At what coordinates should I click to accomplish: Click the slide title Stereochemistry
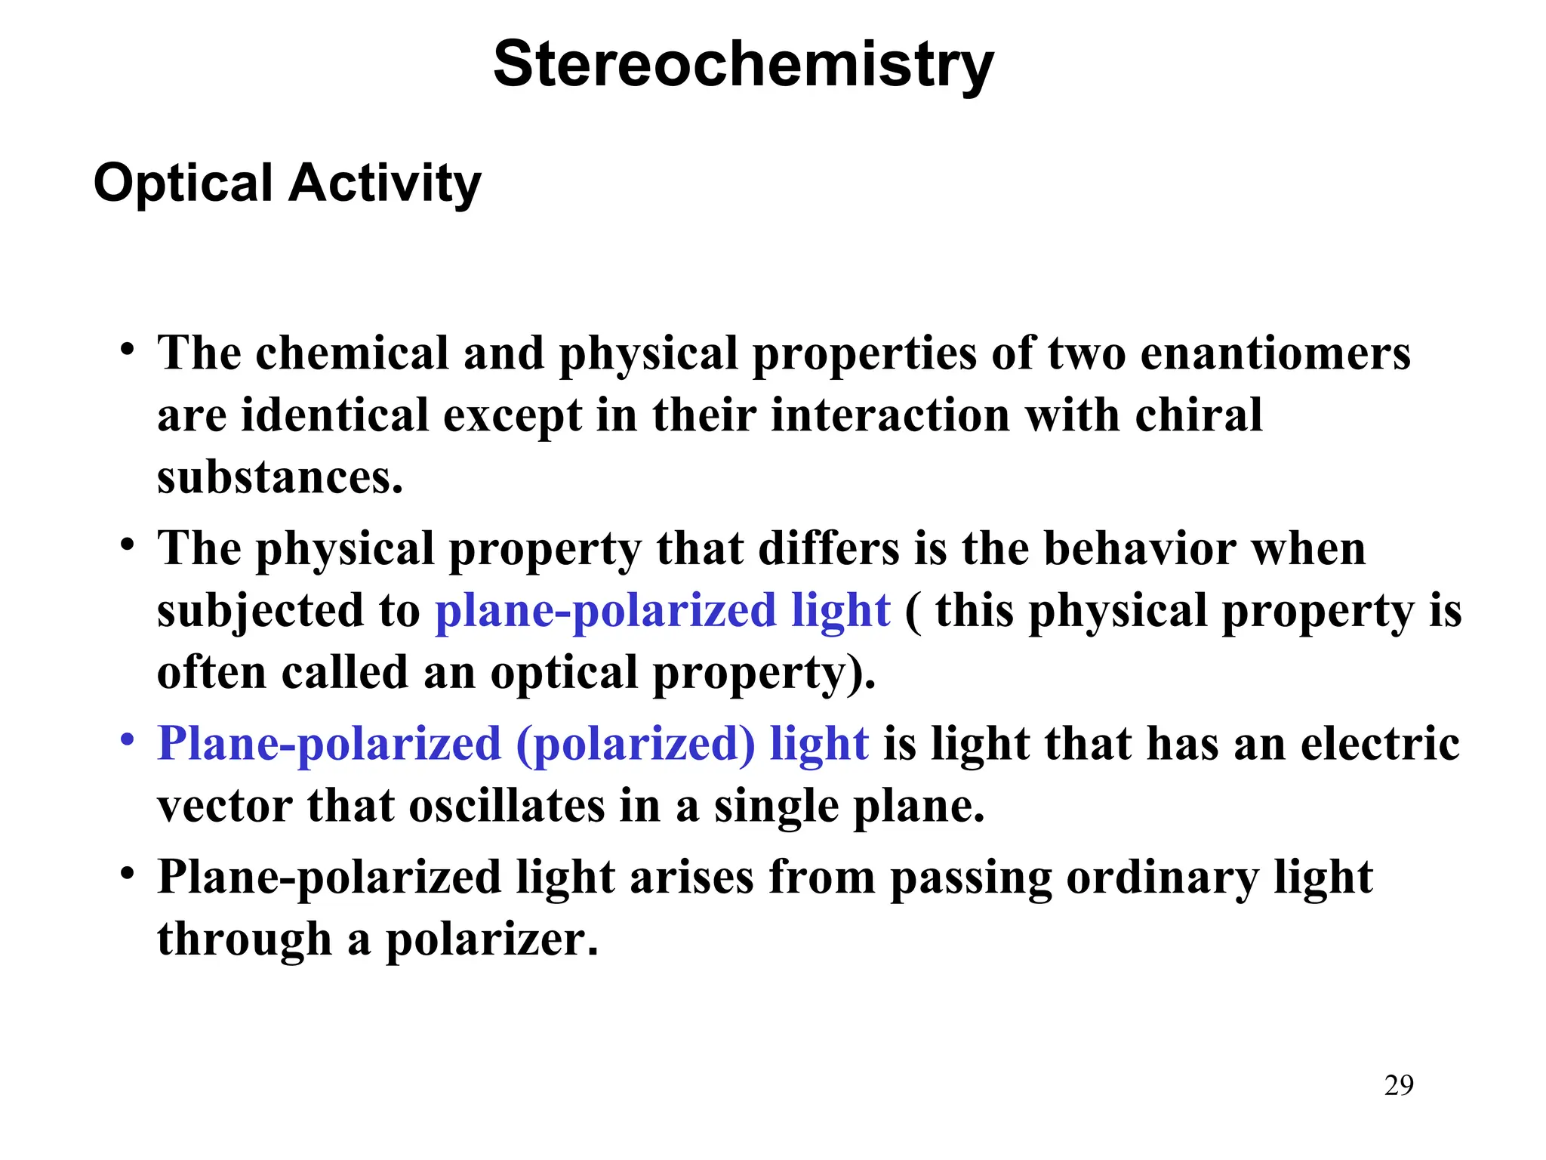(744, 66)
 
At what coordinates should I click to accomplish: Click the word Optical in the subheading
(183, 184)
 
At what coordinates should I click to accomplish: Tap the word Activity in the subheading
(385, 184)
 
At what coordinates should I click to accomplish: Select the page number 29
(1399, 1085)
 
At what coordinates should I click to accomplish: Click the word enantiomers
(1275, 353)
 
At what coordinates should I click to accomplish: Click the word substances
(279, 477)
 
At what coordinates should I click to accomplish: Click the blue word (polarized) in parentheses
(636, 745)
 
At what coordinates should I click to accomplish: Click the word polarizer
(491, 940)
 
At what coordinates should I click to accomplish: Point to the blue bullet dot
(128, 738)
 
